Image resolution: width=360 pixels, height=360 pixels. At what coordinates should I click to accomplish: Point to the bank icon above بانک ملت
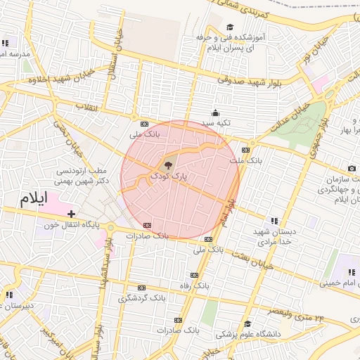[245, 150]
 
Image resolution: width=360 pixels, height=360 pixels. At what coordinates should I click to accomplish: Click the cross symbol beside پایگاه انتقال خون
[71, 212]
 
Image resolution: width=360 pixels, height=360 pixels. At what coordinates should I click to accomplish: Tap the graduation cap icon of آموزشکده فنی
[231, 27]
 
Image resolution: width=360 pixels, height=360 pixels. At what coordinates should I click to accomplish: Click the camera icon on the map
[352, 169]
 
